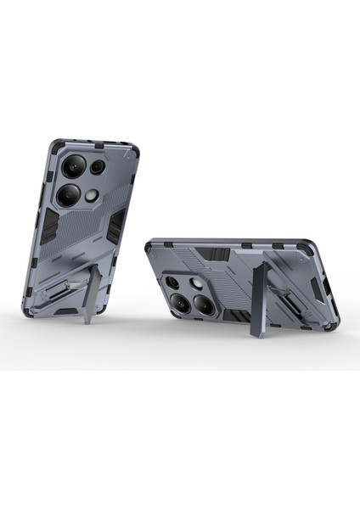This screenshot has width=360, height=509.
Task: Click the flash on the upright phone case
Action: pyautogui.click(x=91, y=197)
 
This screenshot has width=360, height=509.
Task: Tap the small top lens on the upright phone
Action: pyautogui.click(x=97, y=167)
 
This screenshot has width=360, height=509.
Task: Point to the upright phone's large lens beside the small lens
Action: pyautogui.click(x=72, y=166)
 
